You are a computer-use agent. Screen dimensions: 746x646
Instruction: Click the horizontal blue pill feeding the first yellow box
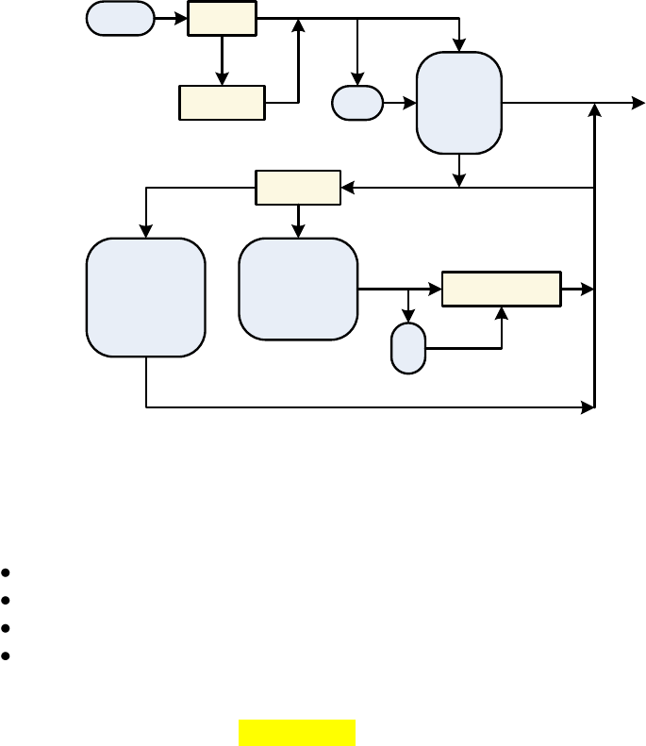[120, 19]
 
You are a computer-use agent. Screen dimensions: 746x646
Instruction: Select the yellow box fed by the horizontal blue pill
[222, 19]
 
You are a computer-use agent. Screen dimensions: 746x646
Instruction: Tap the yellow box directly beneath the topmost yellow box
[222, 103]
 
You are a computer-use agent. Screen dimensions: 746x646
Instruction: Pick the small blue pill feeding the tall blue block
[357, 103]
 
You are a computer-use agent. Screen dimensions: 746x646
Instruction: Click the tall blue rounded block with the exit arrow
[458, 103]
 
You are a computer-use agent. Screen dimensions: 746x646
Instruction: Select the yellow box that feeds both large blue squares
[298, 188]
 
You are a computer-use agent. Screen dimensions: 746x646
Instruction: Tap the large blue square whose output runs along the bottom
[146, 297]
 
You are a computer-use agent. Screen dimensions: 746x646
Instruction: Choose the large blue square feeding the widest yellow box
[298, 289]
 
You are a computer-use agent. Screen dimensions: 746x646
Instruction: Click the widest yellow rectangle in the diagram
[502, 289]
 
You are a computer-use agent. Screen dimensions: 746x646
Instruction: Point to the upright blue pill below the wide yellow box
[408, 348]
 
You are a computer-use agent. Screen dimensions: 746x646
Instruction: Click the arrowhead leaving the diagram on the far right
[638, 103]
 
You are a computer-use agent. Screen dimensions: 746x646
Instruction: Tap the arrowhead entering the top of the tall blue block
[459, 46]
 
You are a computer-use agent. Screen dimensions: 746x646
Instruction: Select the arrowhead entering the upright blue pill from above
[408, 318]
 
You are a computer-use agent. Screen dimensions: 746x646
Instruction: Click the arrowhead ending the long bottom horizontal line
[588, 407]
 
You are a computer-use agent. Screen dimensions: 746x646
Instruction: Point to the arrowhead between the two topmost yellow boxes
[222, 80]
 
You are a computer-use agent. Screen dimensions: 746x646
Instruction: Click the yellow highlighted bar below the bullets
[297, 733]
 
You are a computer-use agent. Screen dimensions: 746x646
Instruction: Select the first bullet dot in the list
[7, 572]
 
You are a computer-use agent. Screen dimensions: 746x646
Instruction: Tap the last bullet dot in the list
[7, 655]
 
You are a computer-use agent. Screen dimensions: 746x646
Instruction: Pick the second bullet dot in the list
[7, 600]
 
